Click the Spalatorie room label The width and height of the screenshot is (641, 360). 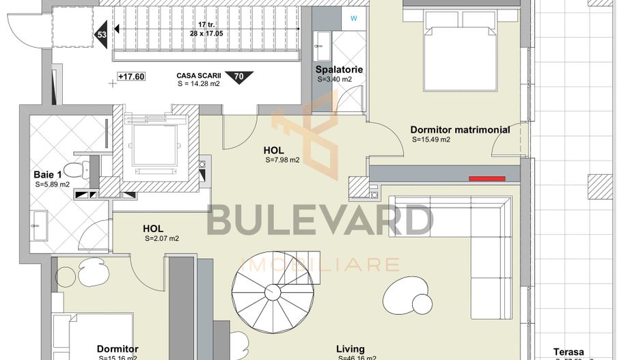(x=339, y=70)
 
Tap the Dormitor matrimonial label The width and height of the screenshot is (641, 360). (x=460, y=130)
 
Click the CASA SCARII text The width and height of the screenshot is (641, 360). (x=199, y=76)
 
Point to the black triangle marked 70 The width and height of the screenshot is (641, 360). (x=238, y=77)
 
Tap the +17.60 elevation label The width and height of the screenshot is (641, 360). (x=131, y=77)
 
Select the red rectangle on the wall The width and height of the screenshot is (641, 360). (x=487, y=179)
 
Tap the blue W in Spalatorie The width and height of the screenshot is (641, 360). (x=353, y=18)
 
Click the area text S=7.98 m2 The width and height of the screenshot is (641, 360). (x=282, y=161)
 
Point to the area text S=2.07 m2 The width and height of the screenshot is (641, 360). (x=162, y=239)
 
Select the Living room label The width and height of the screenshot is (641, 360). (x=350, y=349)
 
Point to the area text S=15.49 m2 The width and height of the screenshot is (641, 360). (x=431, y=140)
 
